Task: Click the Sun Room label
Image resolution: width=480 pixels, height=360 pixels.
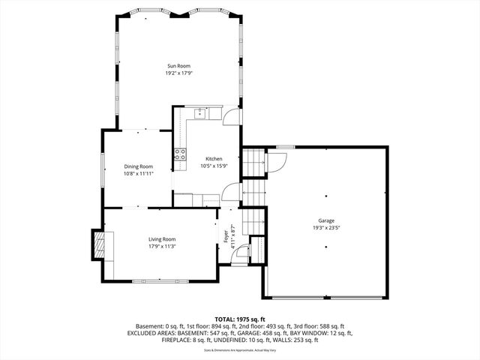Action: click(x=178, y=66)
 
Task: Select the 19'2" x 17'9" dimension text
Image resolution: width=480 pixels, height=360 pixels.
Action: click(x=178, y=73)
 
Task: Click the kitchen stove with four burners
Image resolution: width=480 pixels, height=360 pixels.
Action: click(x=180, y=154)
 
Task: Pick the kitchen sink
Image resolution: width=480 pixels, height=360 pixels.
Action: click(x=201, y=113)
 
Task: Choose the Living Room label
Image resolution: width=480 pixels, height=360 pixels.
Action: click(x=162, y=238)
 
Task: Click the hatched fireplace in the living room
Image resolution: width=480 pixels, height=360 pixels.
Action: click(x=97, y=244)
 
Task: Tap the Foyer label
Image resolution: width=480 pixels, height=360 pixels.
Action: click(x=226, y=235)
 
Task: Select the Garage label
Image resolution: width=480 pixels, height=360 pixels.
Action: click(x=326, y=220)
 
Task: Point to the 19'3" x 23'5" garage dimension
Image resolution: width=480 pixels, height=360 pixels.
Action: click(x=326, y=228)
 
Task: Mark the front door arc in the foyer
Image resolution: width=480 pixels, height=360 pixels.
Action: click(x=241, y=253)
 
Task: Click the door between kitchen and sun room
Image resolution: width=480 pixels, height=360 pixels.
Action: click(x=232, y=116)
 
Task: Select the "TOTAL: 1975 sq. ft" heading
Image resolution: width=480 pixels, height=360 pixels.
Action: click(x=239, y=319)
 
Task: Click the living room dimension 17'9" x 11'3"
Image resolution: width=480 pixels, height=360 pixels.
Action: click(x=162, y=245)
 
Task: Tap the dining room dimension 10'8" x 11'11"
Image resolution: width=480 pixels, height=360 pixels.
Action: click(x=138, y=173)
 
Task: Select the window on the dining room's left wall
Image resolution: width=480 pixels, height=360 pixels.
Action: click(x=103, y=169)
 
